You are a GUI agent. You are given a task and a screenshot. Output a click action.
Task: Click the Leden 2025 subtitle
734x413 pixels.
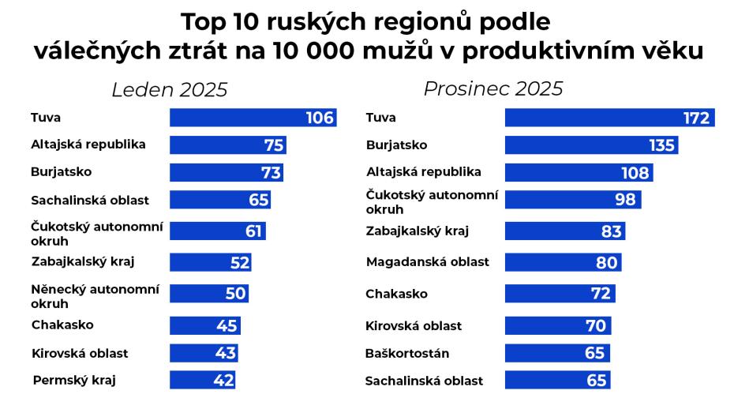point(169,90)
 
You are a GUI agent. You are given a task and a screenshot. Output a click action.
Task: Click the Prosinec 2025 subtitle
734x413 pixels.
point(493,88)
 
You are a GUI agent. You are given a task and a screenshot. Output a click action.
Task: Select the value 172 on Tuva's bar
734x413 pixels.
point(697,118)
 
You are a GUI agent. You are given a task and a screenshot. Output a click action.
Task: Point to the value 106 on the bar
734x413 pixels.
point(320,118)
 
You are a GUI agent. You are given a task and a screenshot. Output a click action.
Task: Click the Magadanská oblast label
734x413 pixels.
point(427,261)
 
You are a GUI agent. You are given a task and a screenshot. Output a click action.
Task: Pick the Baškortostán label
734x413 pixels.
point(407,353)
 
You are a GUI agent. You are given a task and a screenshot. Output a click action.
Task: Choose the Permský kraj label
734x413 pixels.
point(74,381)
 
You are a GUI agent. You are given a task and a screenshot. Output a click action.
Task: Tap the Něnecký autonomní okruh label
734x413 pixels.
point(95,296)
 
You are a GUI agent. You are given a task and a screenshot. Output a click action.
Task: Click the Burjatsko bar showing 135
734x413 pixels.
point(590,145)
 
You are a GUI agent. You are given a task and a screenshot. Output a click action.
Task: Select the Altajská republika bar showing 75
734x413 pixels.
point(227,145)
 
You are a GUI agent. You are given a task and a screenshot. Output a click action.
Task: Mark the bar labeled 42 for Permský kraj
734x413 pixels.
point(202,381)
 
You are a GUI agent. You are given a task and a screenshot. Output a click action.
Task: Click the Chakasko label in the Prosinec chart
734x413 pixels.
point(396,294)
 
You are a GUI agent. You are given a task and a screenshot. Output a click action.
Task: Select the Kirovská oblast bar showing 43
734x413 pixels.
point(203,353)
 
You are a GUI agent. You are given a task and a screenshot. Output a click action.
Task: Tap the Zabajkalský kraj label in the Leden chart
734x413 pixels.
point(88,261)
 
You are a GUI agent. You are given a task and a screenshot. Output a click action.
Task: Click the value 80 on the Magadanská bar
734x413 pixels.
point(606,262)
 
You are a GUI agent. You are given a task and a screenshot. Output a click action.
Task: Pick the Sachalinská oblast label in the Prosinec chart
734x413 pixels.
point(424,381)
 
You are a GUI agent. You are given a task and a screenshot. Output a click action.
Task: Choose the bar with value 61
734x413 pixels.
point(217,231)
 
